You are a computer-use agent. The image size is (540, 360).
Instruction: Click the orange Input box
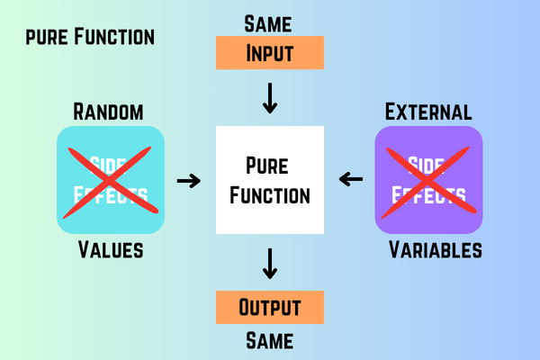pos(270,53)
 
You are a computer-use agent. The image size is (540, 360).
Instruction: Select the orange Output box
pos(270,307)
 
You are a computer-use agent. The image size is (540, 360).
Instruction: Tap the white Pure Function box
pos(270,180)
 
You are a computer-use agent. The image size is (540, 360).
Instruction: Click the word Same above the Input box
pos(268,24)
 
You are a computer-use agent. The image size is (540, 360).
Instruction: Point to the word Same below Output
pos(270,341)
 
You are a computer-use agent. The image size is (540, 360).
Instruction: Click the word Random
pos(108,112)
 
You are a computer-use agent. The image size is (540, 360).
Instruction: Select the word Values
pos(111,249)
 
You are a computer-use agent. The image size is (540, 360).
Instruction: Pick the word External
pos(428,112)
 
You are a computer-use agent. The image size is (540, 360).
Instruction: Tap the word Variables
pos(436,249)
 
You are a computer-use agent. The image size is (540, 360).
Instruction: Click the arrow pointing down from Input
pos(270,98)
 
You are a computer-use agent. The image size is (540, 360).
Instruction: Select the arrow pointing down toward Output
pos(270,264)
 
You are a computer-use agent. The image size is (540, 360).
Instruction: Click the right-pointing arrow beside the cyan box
pos(189,181)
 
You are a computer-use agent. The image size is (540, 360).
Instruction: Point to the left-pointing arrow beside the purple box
pos(351,179)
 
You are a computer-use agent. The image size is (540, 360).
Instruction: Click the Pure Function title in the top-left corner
pos(90,37)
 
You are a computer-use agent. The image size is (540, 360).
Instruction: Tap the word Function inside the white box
pos(270,195)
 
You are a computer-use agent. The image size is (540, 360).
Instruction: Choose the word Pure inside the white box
pos(267,166)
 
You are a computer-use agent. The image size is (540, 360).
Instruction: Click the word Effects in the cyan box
pos(111,194)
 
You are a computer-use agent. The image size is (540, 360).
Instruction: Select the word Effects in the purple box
pos(428,194)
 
